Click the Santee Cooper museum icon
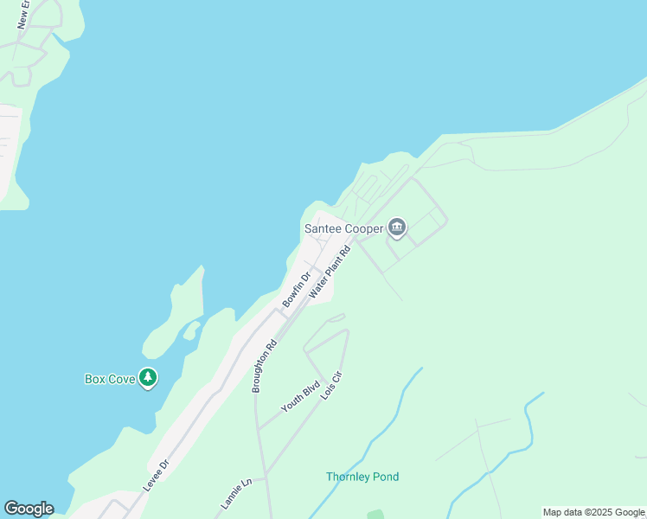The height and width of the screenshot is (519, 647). pos(397,228)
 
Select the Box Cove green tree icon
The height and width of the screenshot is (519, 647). pos(149,378)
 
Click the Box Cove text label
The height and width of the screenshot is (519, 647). pos(110,379)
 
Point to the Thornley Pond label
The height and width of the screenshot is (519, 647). pos(362,477)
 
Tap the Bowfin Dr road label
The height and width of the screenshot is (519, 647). pos(295,290)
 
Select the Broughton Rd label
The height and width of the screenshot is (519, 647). pos(264,366)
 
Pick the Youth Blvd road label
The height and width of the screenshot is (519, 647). pos(301,395)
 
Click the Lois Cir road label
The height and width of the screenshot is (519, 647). pos(331,385)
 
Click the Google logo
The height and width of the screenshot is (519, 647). pos(29,509)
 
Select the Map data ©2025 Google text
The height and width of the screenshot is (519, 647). pos(593,512)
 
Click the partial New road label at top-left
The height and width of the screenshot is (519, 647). pos(23,15)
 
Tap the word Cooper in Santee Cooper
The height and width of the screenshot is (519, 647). pos(364,229)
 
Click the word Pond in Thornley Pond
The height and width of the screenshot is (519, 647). pos(386,477)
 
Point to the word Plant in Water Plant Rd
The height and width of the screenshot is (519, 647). pos(331,270)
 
